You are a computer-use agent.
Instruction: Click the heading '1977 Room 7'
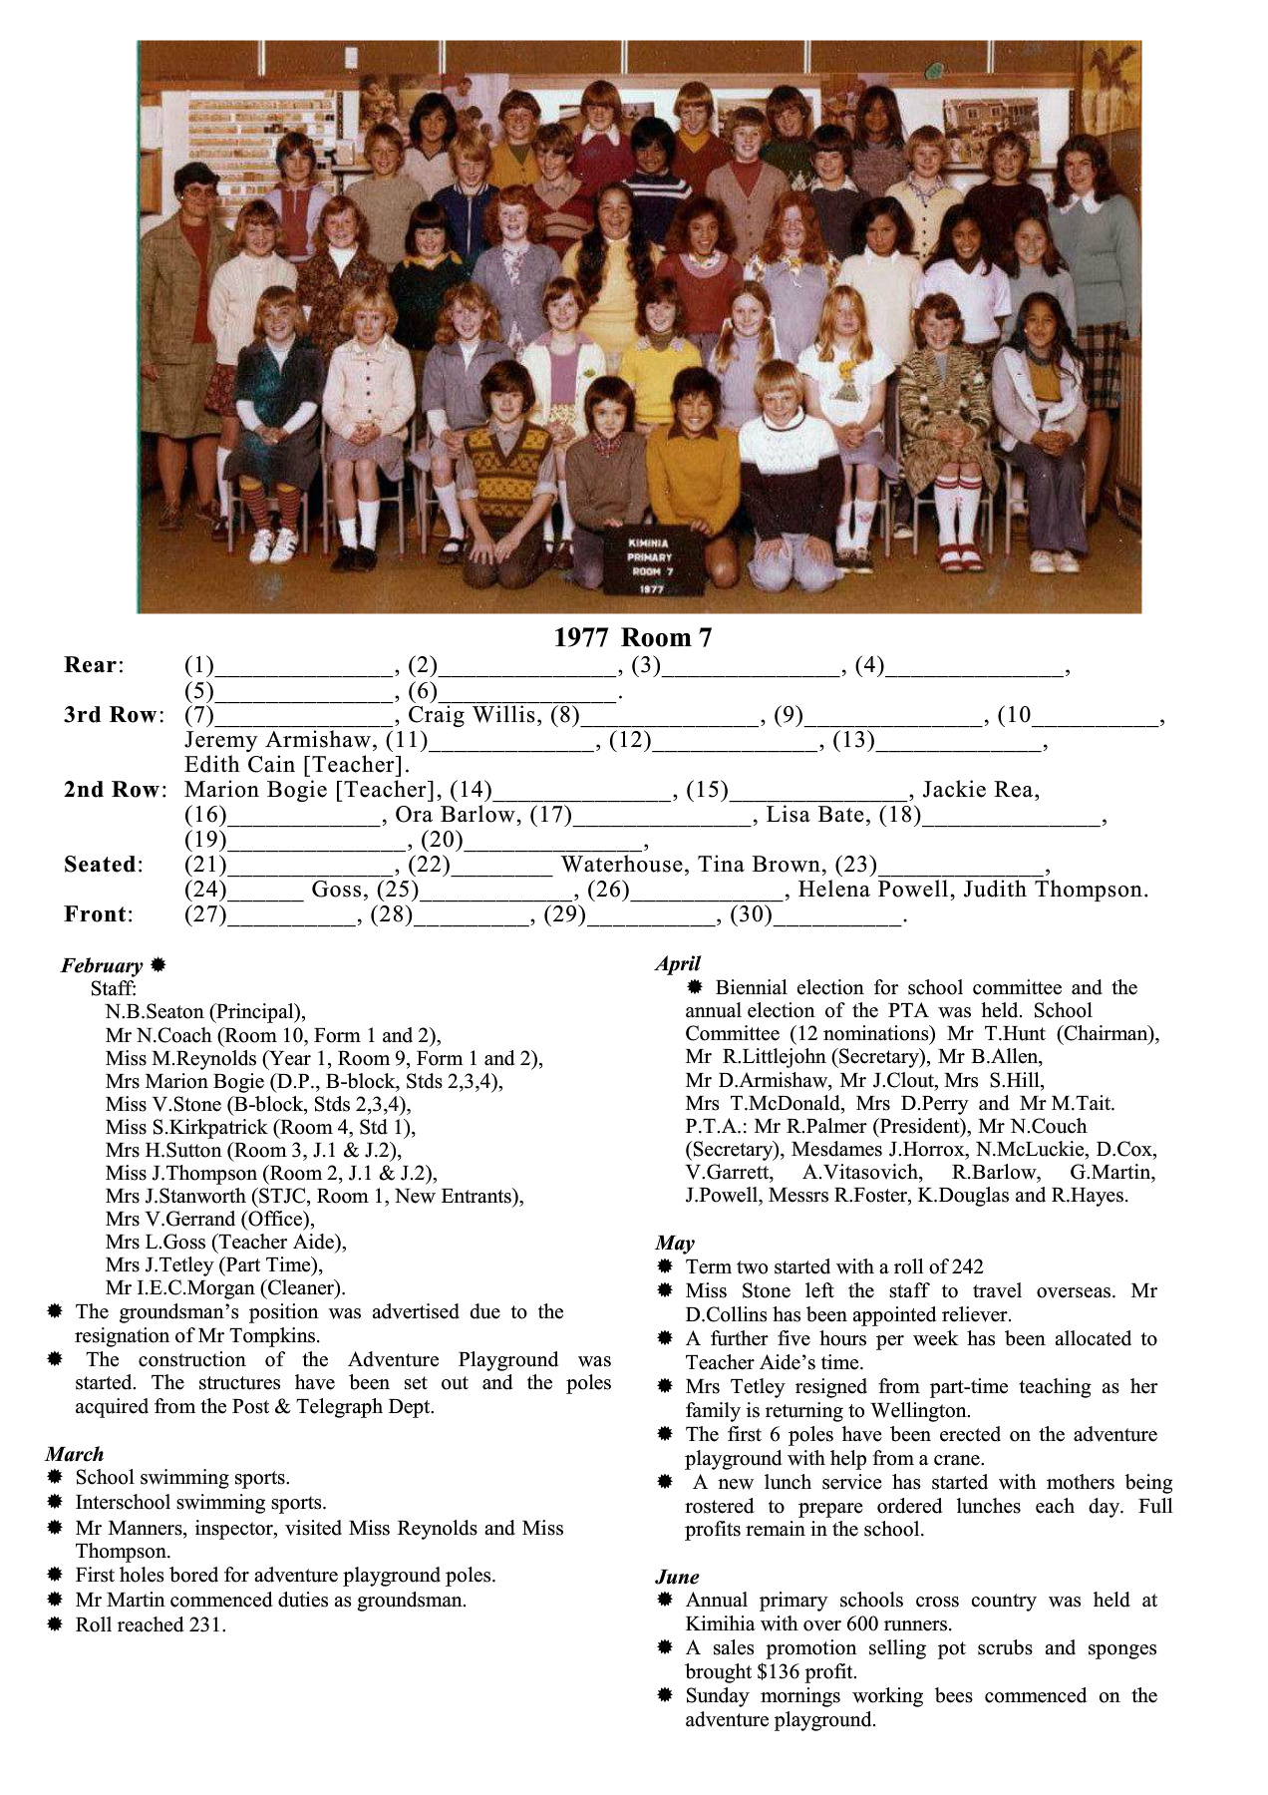point(633,637)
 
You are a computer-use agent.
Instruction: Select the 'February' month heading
point(103,965)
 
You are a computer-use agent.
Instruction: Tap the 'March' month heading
point(74,1454)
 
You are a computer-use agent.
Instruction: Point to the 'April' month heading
point(678,963)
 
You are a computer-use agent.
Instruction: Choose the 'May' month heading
point(675,1243)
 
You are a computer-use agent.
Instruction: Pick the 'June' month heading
point(677,1577)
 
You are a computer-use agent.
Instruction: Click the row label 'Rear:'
point(94,665)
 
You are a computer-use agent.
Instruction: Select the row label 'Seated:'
point(104,865)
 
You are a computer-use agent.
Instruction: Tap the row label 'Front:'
point(99,914)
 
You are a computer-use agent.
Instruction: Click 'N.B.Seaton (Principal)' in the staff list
point(205,1011)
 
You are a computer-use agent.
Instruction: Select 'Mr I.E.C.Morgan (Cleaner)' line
point(225,1287)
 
